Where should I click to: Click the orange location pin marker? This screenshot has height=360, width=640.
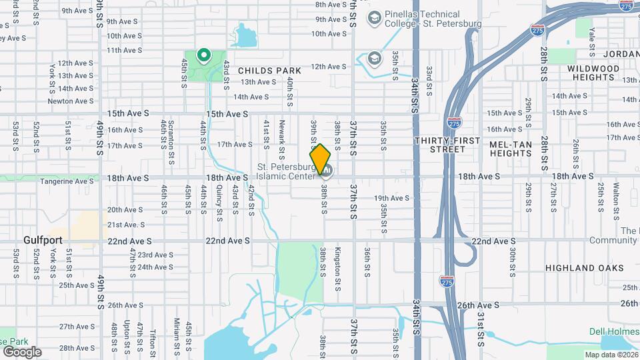320,159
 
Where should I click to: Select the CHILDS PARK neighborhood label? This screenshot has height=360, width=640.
269,70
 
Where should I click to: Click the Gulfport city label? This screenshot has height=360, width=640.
42,239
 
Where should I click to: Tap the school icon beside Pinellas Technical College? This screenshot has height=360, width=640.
373,17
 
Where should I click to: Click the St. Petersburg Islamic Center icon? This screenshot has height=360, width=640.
327,171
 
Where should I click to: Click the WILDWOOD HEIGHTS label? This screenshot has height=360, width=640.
593,73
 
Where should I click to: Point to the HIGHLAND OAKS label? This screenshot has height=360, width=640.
585,268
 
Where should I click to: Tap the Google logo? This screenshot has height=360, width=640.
22,351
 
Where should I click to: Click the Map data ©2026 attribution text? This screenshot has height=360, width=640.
611,355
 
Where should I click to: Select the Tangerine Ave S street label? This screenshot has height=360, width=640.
66,181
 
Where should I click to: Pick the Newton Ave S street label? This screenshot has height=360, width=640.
70,101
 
